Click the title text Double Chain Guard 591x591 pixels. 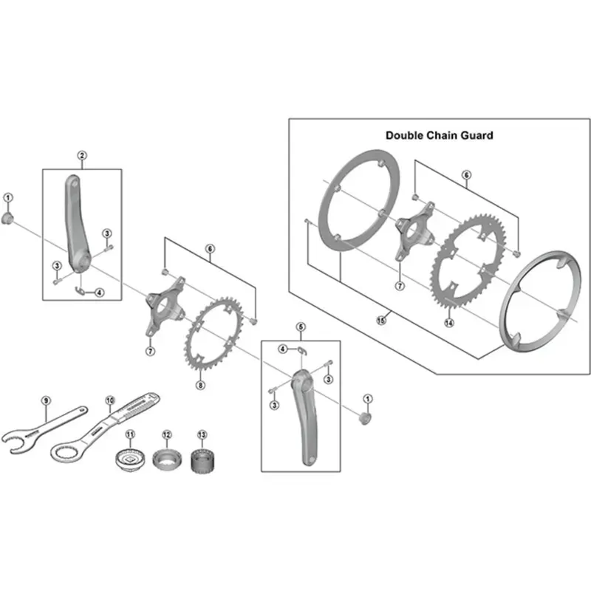click(x=439, y=135)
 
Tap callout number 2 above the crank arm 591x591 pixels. click(x=82, y=155)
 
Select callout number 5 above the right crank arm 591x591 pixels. click(x=301, y=327)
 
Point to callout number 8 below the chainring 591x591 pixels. click(x=199, y=385)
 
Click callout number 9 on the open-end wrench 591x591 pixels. click(x=45, y=400)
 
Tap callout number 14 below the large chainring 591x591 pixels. click(x=448, y=323)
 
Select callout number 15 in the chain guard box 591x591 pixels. click(x=381, y=321)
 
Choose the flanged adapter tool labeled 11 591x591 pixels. click(x=131, y=460)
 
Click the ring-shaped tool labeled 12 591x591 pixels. click(x=166, y=459)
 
